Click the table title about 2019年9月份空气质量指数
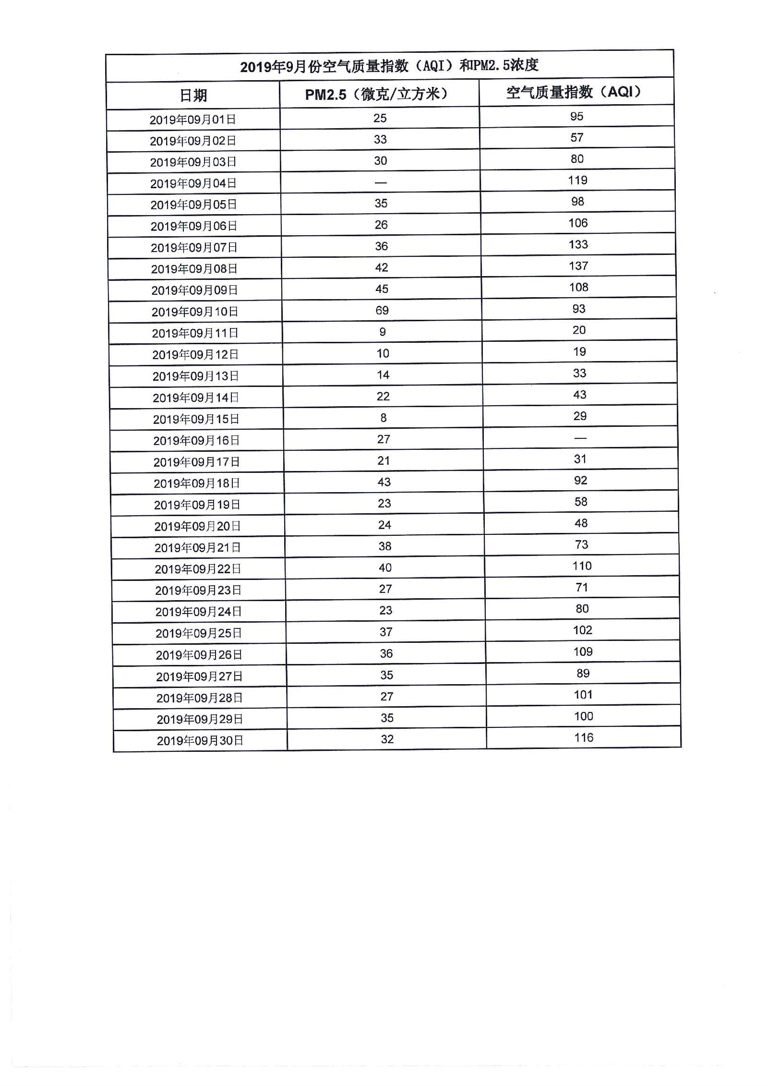389,65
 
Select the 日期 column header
193,96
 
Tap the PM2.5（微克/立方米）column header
377,94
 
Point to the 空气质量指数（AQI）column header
574,92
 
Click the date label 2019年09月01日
192,120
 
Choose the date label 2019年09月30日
200,740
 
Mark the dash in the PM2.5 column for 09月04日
381,182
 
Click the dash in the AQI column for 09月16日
580,438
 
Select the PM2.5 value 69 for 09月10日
382,311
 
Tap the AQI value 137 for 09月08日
578,266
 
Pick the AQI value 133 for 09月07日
578,244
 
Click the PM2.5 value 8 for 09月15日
384,418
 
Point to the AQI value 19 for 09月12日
579,351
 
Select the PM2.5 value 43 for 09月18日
384,482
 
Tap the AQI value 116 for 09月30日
584,737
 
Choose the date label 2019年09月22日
197,569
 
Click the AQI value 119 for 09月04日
577,180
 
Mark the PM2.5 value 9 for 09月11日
383,332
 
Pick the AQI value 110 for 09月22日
582,566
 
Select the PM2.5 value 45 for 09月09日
382,289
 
